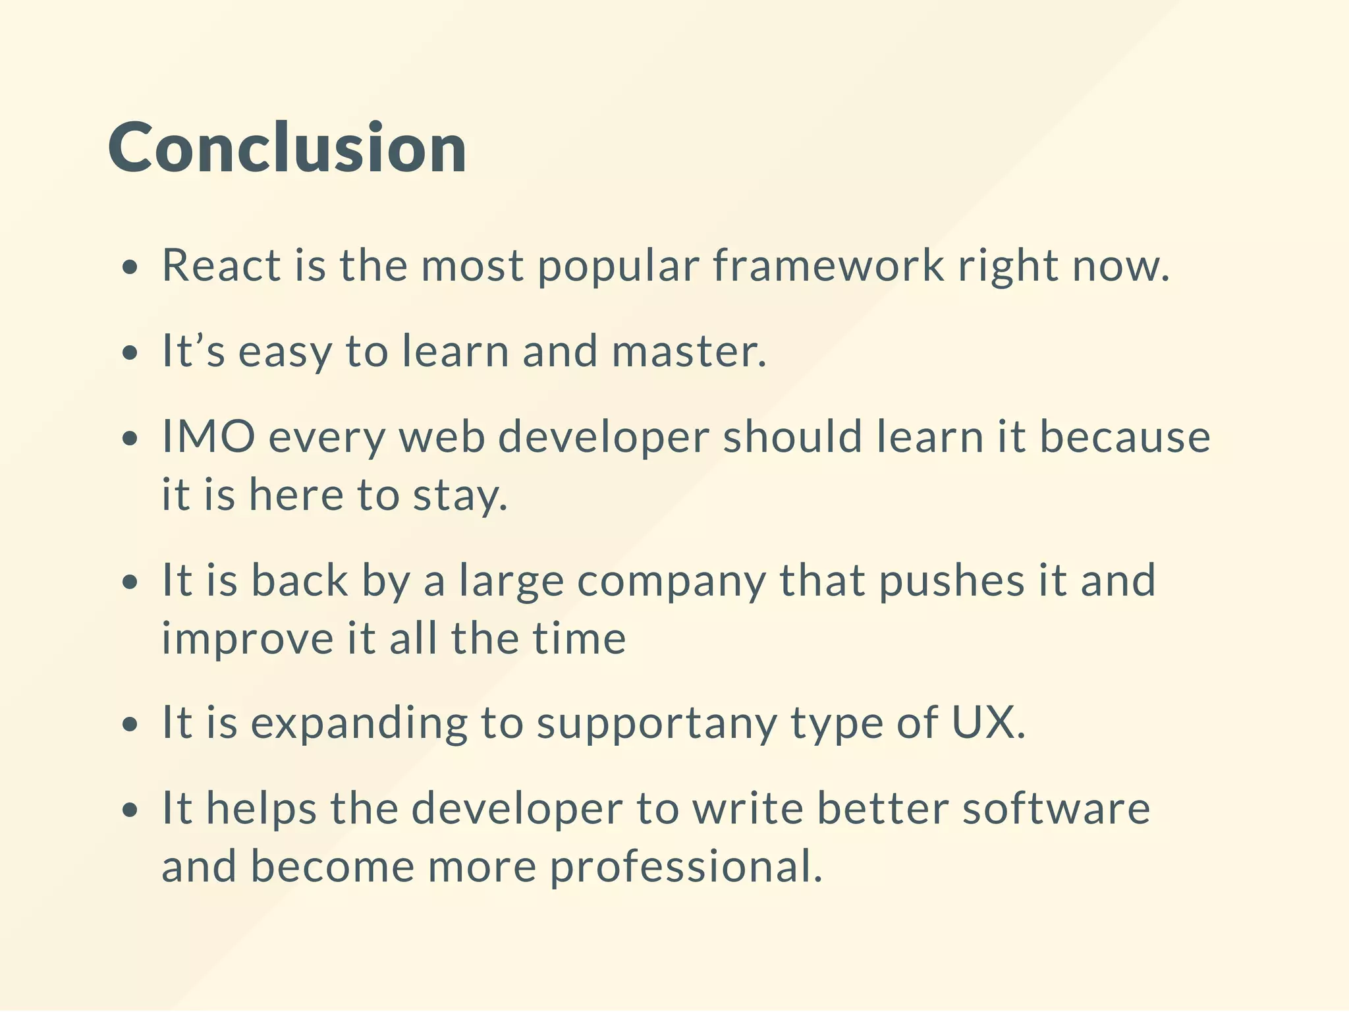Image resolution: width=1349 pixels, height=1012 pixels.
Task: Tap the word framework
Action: pos(829,265)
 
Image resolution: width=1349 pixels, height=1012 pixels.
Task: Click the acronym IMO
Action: pos(208,436)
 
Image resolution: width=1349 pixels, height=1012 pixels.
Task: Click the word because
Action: pos(1125,436)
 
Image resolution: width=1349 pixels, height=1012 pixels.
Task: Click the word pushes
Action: pos(952,580)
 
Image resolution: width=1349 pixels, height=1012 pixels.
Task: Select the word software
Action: pos(1056,808)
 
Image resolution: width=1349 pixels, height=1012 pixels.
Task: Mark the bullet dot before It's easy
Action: pos(131,352)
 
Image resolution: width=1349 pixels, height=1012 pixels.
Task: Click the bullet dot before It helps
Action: pos(131,810)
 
